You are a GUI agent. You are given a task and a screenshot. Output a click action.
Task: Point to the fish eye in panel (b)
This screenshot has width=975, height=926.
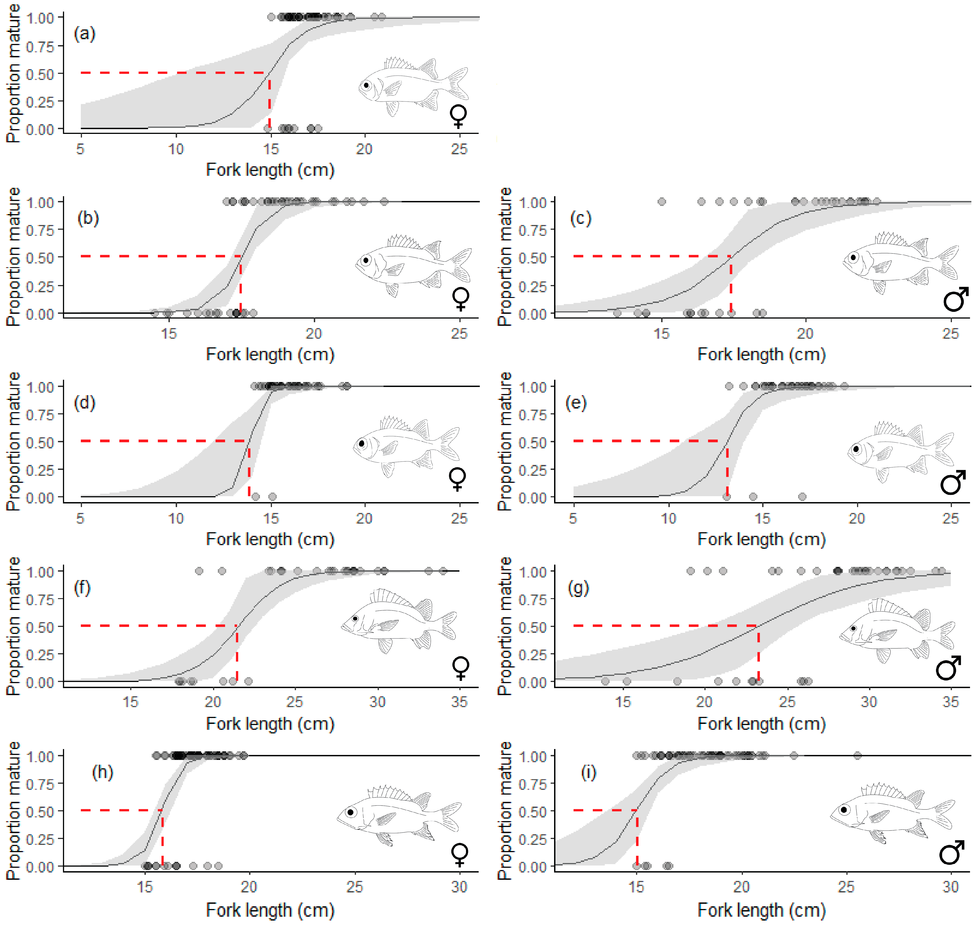pyautogui.click(x=366, y=260)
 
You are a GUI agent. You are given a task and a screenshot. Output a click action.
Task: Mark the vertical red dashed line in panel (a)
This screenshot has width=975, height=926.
pyautogui.click(x=269, y=101)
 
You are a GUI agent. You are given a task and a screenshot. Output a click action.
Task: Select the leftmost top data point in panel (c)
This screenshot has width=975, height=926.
pyautogui.click(x=662, y=201)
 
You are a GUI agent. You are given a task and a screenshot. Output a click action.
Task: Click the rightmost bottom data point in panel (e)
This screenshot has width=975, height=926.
pyautogui.click(x=802, y=497)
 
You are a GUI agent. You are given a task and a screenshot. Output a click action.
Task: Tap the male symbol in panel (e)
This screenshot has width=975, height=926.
pyautogui.click(x=952, y=482)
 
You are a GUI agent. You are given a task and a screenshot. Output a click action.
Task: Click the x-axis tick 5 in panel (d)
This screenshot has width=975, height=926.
pyautogui.click(x=80, y=518)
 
